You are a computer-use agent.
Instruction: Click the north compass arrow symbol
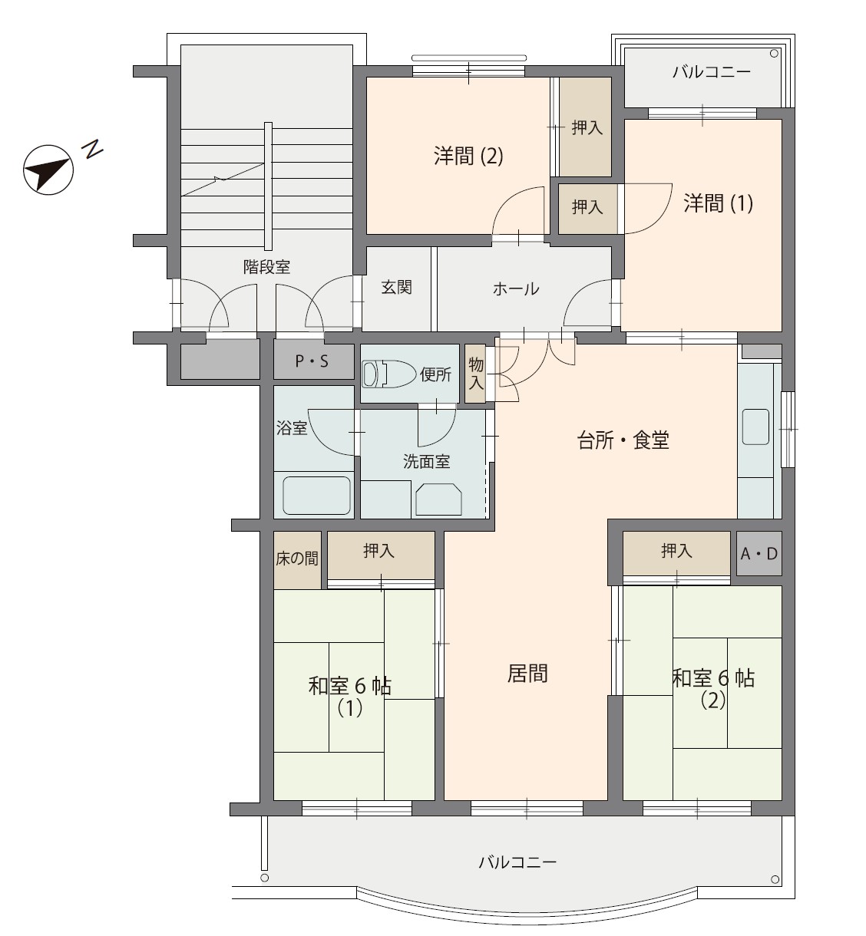tap(48, 170)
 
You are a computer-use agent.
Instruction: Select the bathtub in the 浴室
tap(316, 496)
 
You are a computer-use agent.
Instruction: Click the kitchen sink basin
tap(755, 427)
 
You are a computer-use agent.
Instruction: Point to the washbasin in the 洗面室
tap(438, 499)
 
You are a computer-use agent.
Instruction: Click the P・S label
tap(311, 361)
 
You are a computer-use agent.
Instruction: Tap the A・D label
tap(759, 554)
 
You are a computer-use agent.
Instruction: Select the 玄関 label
tap(396, 287)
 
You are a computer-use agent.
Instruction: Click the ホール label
tap(516, 289)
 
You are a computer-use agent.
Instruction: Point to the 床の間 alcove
tap(297, 560)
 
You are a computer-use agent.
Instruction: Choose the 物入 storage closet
tap(475, 374)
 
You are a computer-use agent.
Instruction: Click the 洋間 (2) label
tap(468, 156)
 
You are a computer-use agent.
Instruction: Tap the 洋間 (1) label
tap(718, 203)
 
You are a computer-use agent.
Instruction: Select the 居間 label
tap(527, 674)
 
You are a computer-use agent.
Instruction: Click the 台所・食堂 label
tap(623, 440)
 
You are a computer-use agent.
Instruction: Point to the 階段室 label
tap(266, 267)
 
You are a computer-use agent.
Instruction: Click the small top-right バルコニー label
tap(711, 72)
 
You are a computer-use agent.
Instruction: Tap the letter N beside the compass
tap(92, 149)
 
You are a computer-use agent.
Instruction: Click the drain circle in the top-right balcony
tap(774, 54)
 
